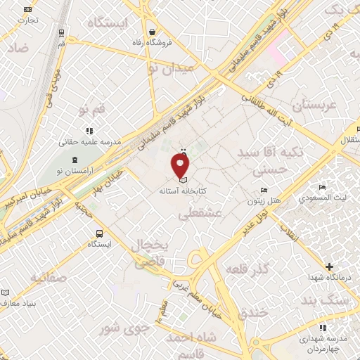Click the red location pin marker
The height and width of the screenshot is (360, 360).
[181, 165]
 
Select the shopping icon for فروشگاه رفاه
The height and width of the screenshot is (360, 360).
[153, 32]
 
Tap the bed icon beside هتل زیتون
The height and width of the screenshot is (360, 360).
[264, 190]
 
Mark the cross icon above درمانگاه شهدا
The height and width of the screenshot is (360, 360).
[330, 266]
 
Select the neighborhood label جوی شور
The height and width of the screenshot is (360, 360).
[126, 328]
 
